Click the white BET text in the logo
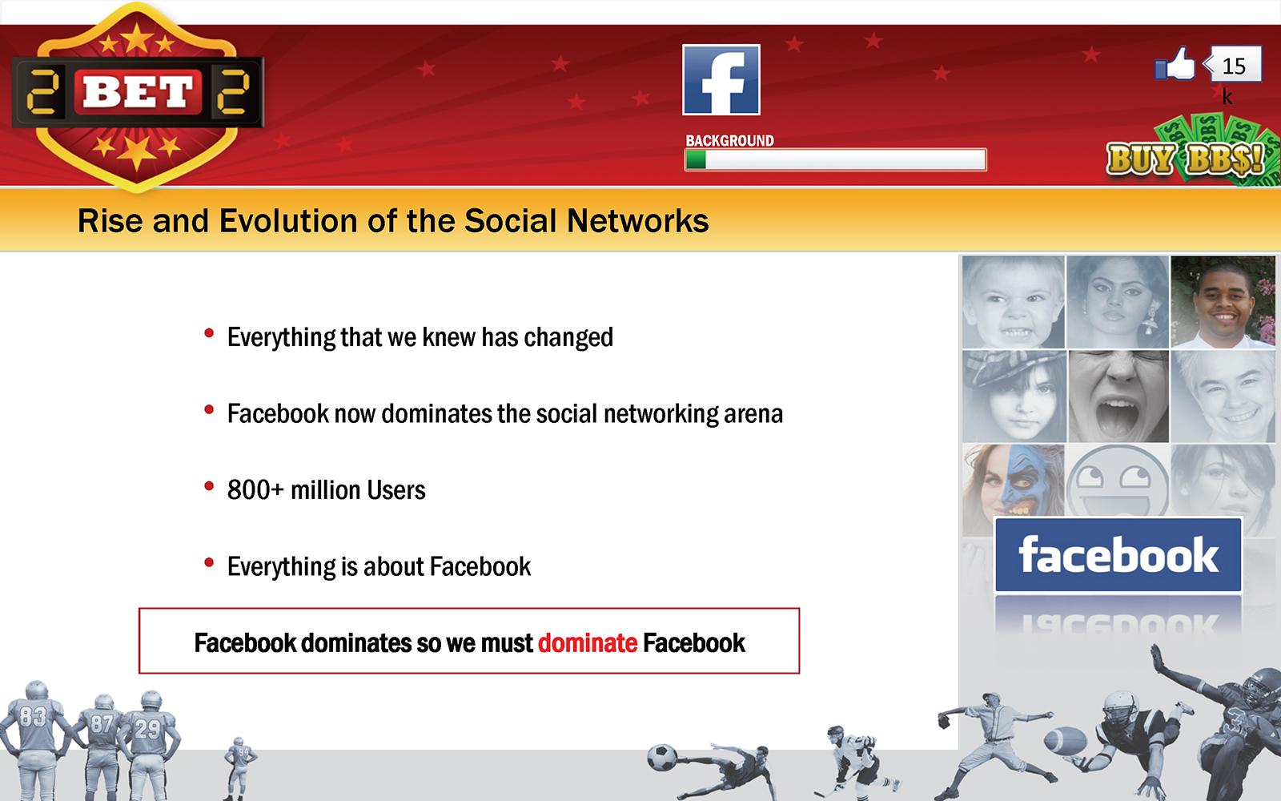137,92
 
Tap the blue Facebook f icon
721,79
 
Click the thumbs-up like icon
1175,64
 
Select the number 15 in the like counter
1234,66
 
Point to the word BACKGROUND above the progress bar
729,141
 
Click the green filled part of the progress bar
696,159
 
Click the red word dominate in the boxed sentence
588,643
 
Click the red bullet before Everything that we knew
209,333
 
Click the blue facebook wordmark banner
1118,554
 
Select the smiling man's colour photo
1223,301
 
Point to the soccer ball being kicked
661,758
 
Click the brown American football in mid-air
1065,742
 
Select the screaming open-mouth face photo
1118,396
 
